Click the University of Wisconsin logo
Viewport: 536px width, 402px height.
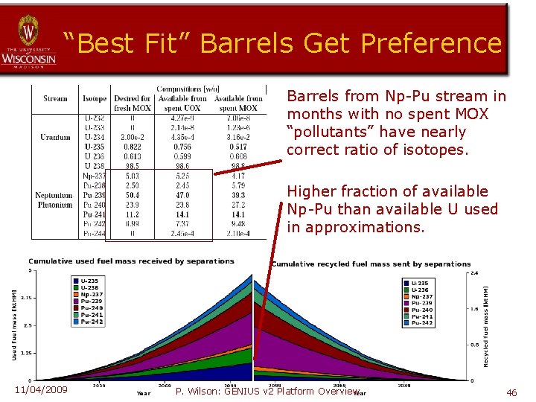pos(28,41)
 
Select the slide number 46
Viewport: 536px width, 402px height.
pos(511,392)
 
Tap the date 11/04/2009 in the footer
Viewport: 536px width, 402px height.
pos(41,390)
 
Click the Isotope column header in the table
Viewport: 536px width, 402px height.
pos(95,98)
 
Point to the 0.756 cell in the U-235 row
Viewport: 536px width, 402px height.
pos(183,147)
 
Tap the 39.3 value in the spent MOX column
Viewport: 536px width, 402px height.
pos(238,194)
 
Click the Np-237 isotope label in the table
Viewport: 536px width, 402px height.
pos(95,176)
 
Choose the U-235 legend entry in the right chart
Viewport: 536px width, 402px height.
pos(420,284)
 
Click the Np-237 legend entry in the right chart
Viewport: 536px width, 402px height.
pos(420,297)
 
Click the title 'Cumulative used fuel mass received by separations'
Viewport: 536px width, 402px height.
pos(131,261)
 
